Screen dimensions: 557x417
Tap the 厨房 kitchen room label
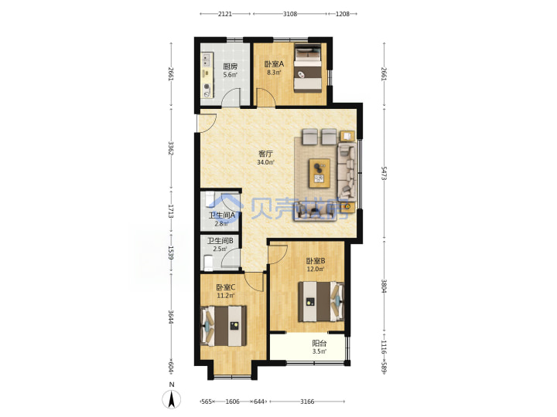[231, 66]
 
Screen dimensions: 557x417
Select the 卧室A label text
[274, 64]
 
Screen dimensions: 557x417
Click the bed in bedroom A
[308, 68]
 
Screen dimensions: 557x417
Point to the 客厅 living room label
[265, 154]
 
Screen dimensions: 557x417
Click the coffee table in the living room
[320, 173]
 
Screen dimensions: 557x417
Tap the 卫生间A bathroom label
[222, 215]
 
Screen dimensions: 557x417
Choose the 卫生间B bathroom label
[220, 241]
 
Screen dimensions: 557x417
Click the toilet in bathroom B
[208, 263]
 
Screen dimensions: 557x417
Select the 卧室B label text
[316, 261]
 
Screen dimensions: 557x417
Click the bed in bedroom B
[321, 301]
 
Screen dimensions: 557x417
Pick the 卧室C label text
[226, 287]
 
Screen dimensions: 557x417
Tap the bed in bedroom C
[224, 326]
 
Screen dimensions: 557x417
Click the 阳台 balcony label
[320, 343]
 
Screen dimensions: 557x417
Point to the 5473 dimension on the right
[384, 173]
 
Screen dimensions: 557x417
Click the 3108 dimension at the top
[290, 14]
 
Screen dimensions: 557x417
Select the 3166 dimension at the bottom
[307, 402]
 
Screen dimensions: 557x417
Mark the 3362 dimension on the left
[171, 148]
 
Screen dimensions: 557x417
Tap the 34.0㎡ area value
[265, 162]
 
